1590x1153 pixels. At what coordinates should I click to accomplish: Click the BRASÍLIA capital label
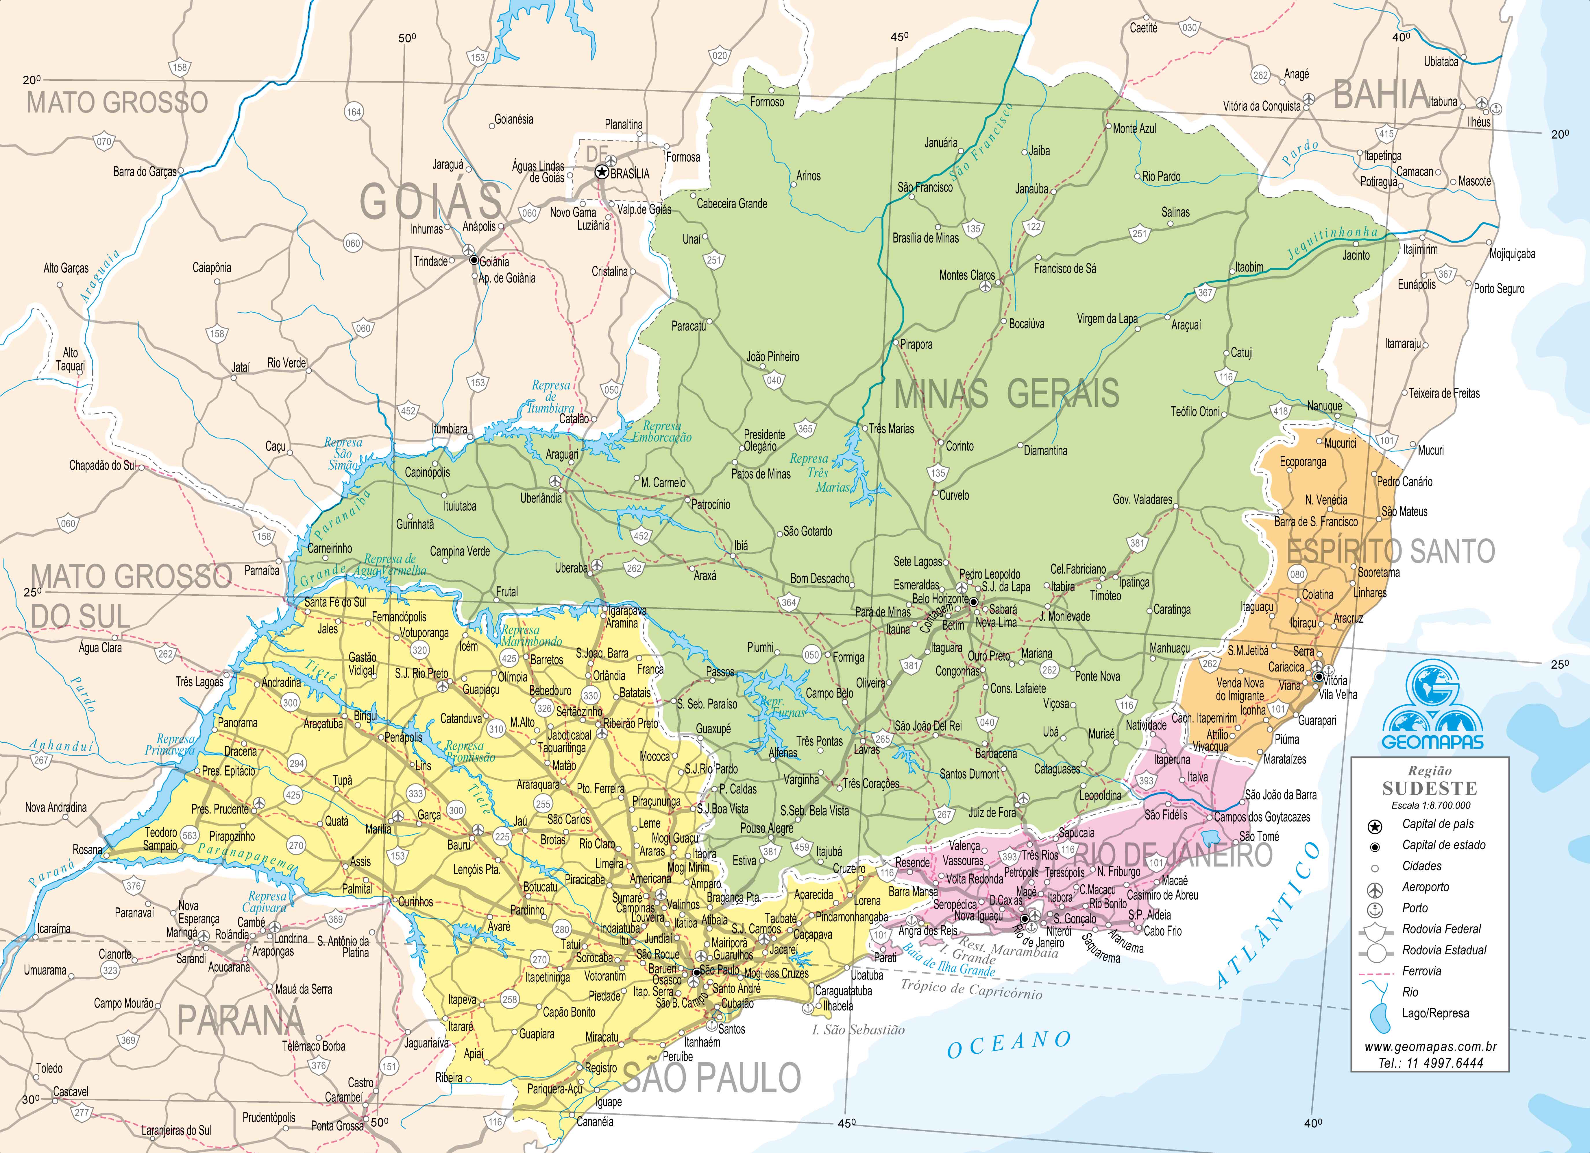630,174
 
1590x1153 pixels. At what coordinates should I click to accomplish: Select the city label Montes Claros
967,276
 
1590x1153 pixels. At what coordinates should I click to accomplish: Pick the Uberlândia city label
541,498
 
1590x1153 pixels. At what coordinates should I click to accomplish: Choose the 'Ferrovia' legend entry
1421,971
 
